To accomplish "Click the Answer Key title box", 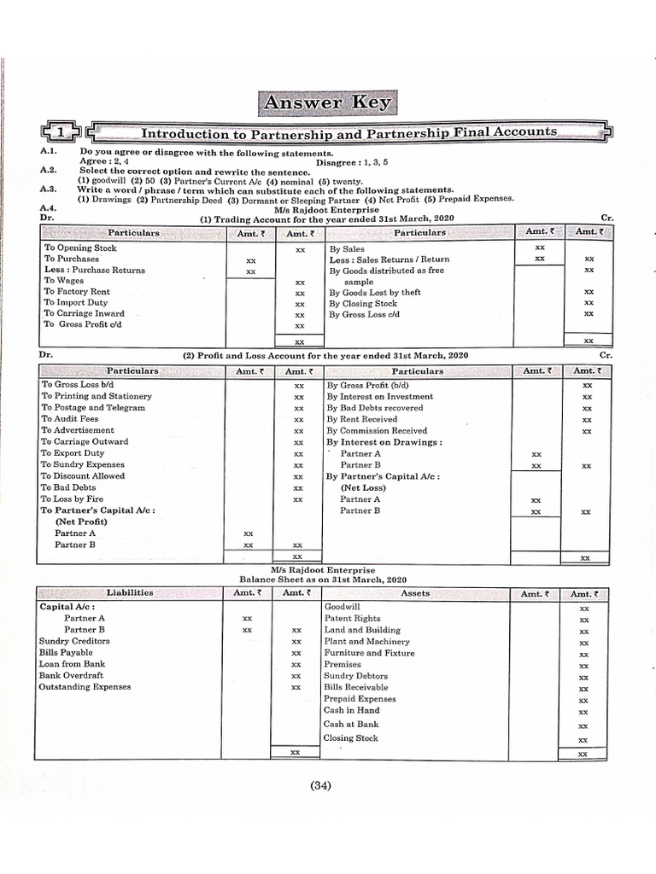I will pos(328,103).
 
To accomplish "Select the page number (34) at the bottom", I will pos(321,786).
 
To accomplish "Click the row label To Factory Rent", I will pos(77,292).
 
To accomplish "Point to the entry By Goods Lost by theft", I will pos(375,292).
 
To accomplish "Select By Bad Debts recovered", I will pos(374,408).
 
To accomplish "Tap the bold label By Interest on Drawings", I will pos(384,442).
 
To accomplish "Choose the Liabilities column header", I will pos(130,592).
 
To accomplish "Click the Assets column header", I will pos(415,592).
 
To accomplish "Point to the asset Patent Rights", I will pos(352,618).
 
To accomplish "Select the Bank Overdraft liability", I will pos(71,675).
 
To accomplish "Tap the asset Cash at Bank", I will pos(350,724).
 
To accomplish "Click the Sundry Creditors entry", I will pos(74,641).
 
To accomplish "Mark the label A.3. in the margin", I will pos(48,189).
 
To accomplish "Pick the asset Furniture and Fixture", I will pos(369,653).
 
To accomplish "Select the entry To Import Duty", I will pos(76,303).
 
